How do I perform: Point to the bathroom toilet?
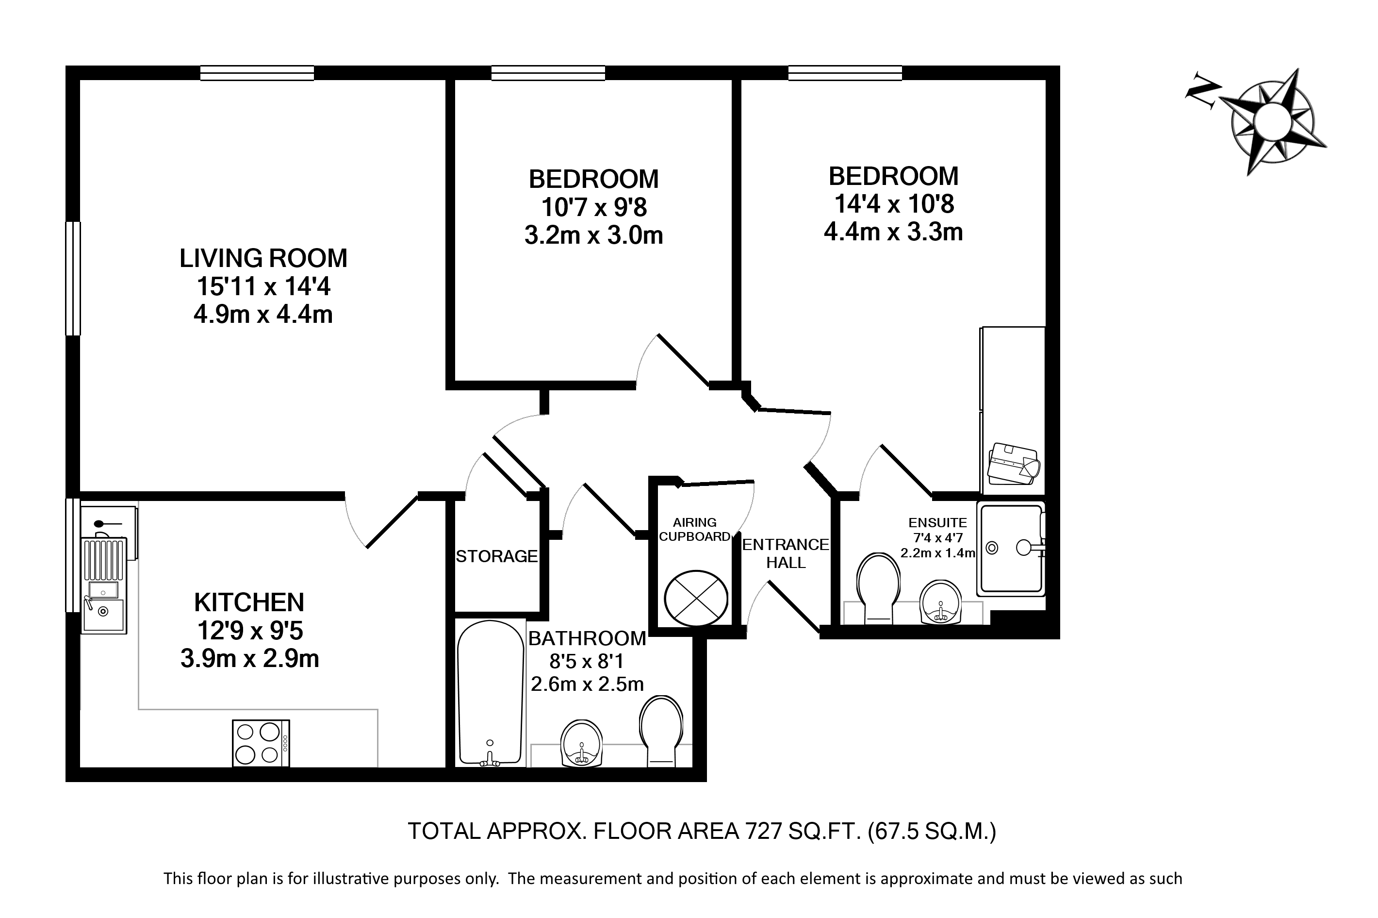point(661,731)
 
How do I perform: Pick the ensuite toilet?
point(877,588)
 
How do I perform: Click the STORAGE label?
point(497,556)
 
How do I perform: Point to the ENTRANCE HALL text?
point(786,553)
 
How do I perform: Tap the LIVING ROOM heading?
point(263,258)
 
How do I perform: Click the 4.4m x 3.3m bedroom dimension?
point(893,232)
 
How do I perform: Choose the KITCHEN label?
point(249,602)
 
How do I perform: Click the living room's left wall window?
point(73,278)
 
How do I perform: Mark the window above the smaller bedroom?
point(548,73)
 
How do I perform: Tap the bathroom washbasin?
point(582,744)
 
